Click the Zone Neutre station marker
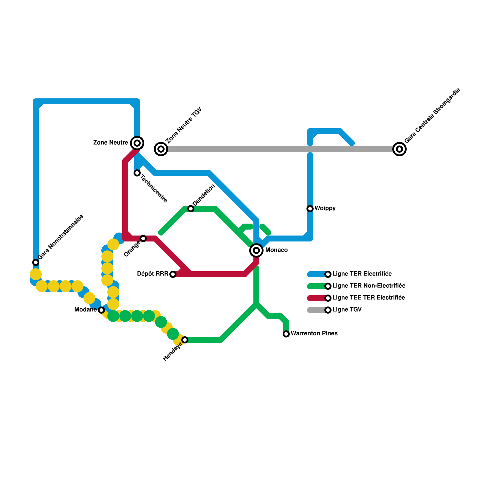137,143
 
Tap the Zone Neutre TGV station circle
161,149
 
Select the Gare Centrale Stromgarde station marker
399,149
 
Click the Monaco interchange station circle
256,250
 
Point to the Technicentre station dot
137,173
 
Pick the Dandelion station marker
191,209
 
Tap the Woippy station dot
310,209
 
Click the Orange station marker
143,238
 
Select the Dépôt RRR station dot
173,274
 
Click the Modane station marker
101,310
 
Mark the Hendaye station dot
185,340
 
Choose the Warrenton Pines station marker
286,334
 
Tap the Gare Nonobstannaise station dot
36,262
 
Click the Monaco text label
276,250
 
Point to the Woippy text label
325,208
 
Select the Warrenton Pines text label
314,334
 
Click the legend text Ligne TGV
347,310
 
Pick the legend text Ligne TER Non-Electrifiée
369,286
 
